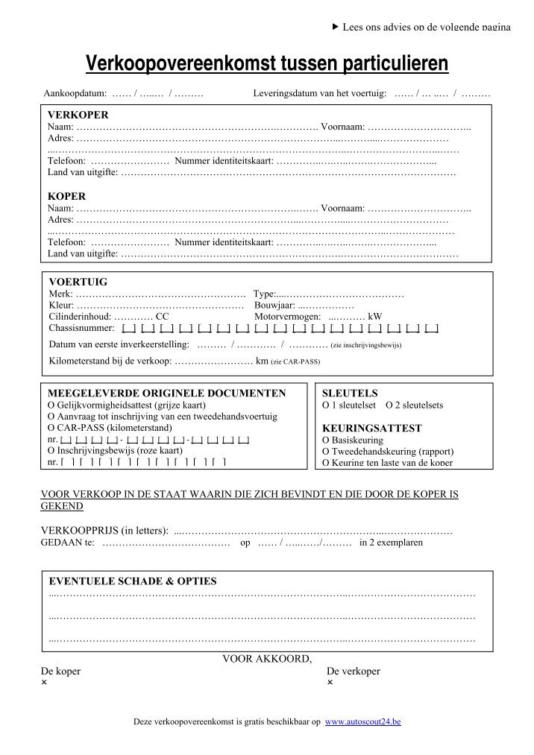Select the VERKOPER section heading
point(78,115)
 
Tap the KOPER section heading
point(67,196)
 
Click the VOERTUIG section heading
point(78,282)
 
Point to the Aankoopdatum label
point(75,95)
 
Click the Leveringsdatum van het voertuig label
point(319,95)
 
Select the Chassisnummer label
point(81,327)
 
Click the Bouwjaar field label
point(275,305)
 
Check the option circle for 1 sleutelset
point(325,405)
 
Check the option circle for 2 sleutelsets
point(389,405)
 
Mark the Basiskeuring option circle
point(325,440)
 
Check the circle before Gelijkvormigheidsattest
point(51,405)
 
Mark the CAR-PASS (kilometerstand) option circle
point(51,429)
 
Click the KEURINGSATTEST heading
point(371,429)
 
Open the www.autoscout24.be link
point(364,722)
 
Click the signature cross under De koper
point(44,682)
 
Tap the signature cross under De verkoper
point(330,682)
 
